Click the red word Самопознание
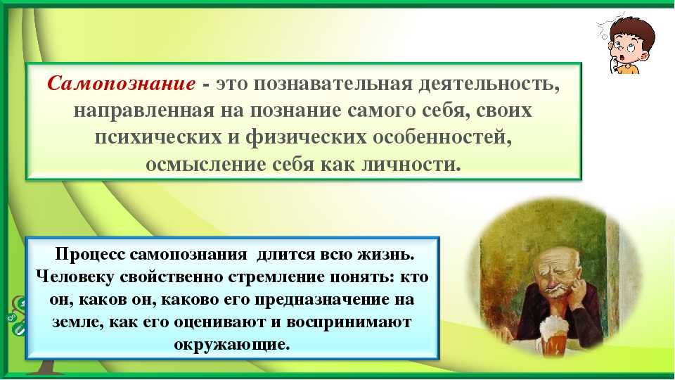pos(122,83)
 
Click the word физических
pos(306,137)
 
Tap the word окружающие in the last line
pos(232,344)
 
